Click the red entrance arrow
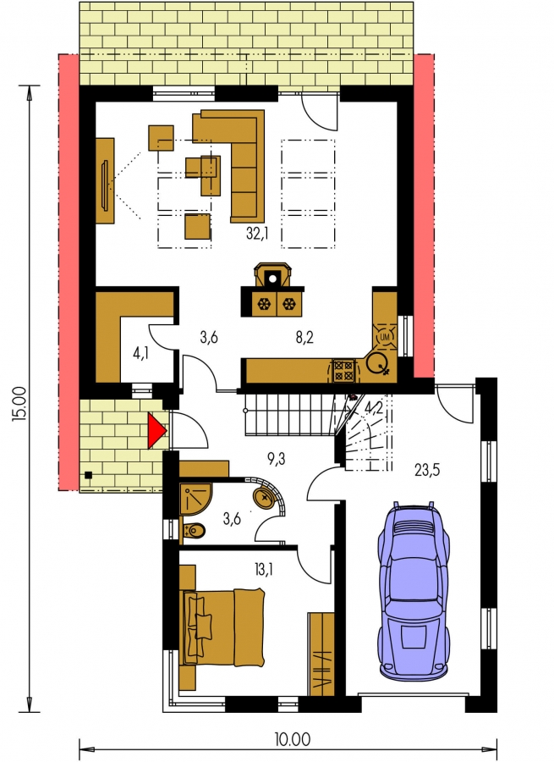tap(156, 429)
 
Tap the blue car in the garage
tap(414, 588)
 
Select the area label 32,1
tap(257, 234)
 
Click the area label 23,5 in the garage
tap(427, 470)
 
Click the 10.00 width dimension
tap(292, 740)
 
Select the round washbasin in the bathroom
tap(265, 495)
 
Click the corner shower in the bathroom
tap(195, 499)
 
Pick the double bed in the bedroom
tap(222, 627)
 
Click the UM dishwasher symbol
tap(385, 336)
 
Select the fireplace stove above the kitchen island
tap(273, 275)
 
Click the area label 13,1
tap(263, 569)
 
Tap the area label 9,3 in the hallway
tap(276, 459)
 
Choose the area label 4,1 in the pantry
tap(140, 353)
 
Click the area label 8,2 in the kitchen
tap(304, 337)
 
